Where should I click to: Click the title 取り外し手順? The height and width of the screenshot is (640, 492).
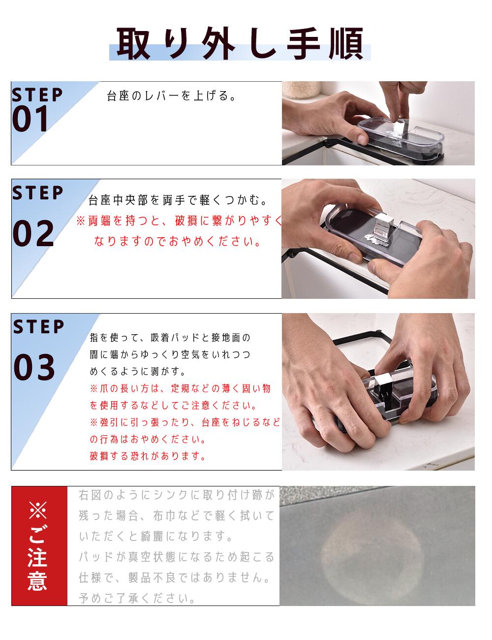point(240,43)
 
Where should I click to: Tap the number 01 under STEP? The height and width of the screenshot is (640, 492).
point(30,119)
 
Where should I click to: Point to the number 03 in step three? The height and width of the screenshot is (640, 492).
point(34,367)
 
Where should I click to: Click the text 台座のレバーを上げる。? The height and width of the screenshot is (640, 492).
point(172,96)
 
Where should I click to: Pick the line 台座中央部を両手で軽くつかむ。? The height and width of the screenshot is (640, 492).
point(178,200)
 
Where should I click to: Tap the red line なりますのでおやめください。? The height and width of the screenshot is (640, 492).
point(178,241)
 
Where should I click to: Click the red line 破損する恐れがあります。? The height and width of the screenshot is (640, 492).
point(148,456)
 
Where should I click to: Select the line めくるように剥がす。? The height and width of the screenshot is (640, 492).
point(138,371)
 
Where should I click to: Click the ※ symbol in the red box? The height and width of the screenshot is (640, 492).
point(38,510)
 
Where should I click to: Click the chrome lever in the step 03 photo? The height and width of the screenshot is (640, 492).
point(383,385)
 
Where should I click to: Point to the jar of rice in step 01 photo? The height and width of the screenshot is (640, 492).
point(301,89)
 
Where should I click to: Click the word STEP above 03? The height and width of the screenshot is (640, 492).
point(38,326)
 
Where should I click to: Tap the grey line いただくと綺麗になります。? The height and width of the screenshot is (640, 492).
point(156,536)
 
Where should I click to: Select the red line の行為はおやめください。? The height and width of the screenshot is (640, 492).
point(148,439)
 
